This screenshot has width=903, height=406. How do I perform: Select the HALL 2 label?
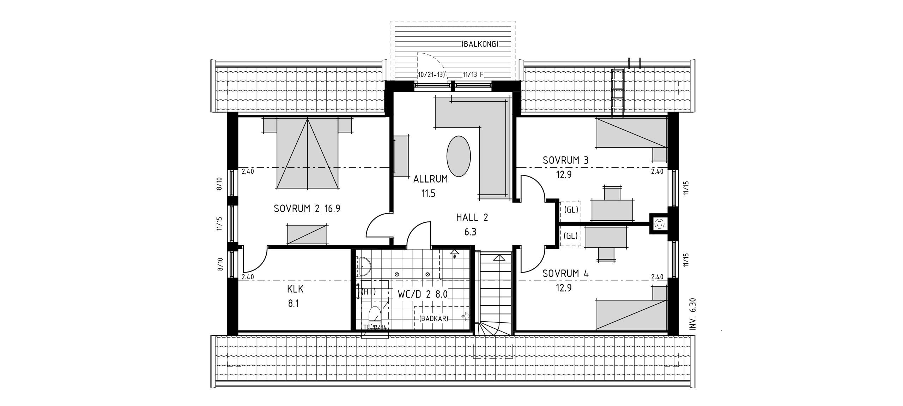pos(472,217)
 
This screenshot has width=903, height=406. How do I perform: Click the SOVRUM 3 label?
pos(566,160)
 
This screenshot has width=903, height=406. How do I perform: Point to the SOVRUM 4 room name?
pos(566,273)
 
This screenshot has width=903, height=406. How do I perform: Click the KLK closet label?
pos(295,289)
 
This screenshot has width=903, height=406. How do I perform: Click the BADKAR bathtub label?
pos(434,318)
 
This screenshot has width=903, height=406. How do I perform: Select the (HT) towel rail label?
pos(369,292)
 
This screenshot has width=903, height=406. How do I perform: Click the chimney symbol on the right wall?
pos(659,224)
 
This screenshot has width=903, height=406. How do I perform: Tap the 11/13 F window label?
pos(473,75)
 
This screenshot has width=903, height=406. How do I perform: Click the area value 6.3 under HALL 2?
pos(471,232)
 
